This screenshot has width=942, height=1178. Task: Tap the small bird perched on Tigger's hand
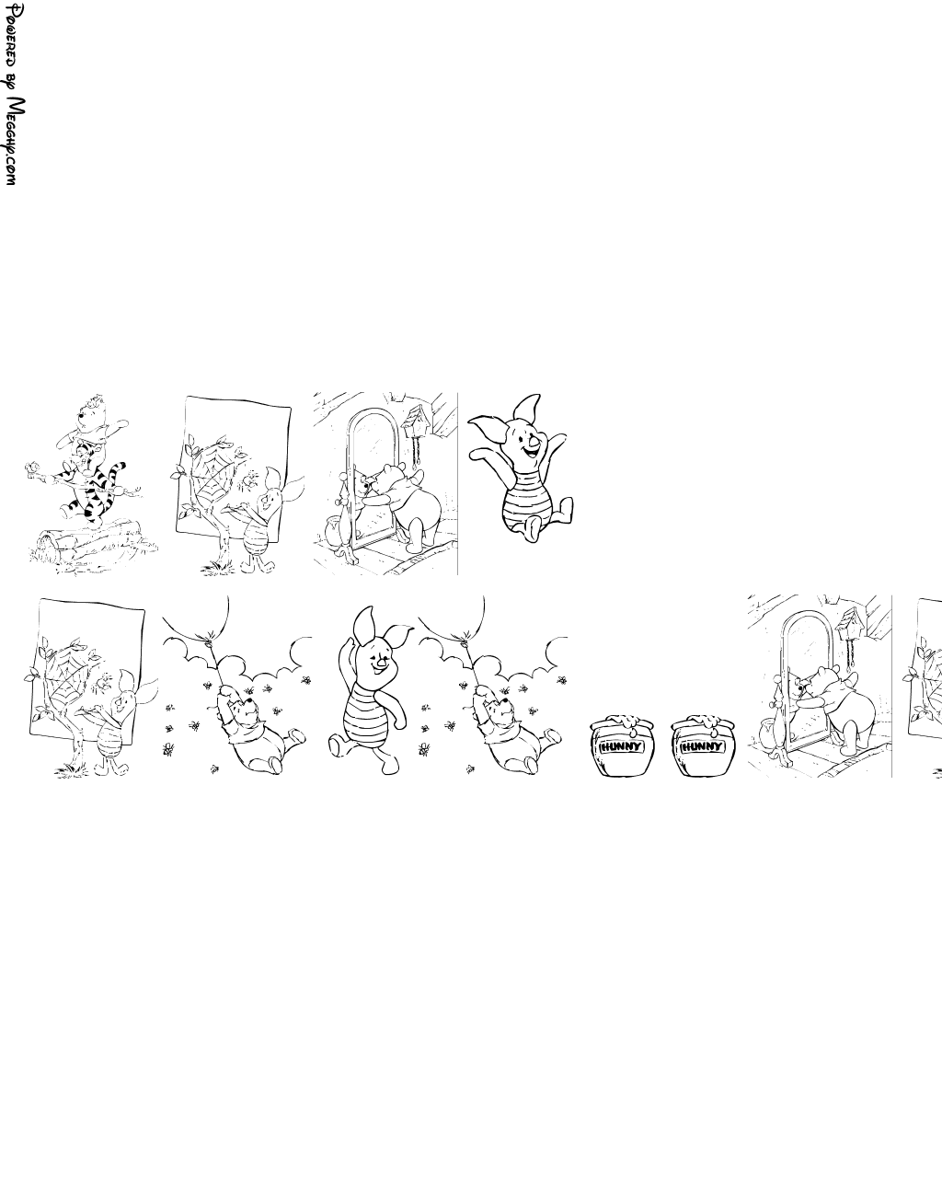(x=33, y=468)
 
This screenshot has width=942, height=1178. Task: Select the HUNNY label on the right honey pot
(x=703, y=746)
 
